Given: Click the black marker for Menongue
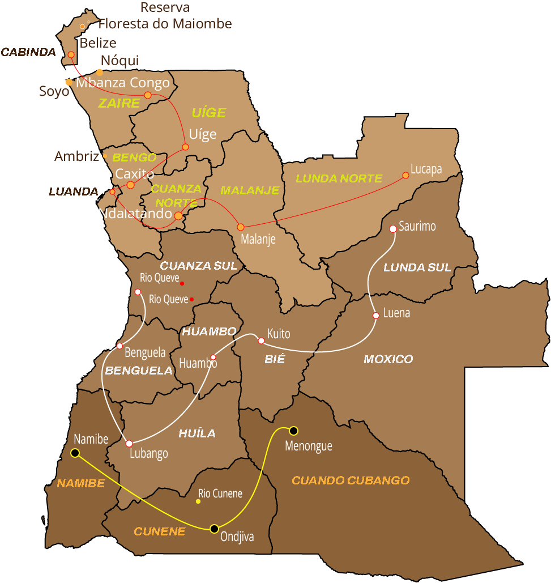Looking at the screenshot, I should coord(293,431).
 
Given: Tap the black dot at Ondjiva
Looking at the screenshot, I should coord(214,529).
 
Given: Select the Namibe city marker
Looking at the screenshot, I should coord(75,453).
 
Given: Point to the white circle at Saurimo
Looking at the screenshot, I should coord(393,229).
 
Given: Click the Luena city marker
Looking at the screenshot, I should coord(376,316).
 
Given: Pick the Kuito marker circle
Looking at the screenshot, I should coord(261,341).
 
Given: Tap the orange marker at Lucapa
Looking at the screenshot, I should coord(405,175).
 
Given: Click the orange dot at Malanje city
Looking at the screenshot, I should coord(241,227).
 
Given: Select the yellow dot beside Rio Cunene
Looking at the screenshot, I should coord(198,501).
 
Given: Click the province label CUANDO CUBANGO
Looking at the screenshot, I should coord(351,480).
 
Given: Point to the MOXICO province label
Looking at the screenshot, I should coord(388,359).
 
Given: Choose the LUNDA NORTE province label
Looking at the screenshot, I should coord(339,178).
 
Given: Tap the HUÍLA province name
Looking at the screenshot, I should coord(197,433).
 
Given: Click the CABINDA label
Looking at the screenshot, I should coord(28,53).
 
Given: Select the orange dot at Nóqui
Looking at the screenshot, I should coord(100,72).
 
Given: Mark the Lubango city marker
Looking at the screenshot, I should coord(129,444).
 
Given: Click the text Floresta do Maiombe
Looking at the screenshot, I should coord(165,24).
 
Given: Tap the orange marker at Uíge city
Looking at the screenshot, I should coord(185,147).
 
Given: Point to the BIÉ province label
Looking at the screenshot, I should coord(275,359).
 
